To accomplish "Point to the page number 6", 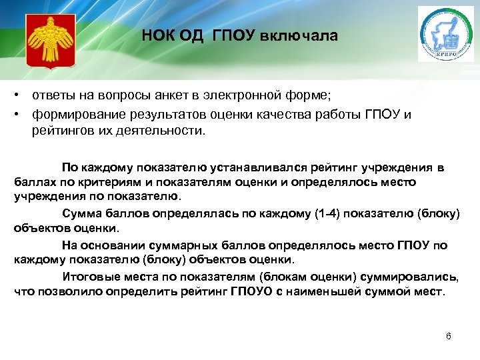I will (x=449, y=336).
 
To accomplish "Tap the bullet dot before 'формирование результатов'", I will (x=23, y=115).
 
